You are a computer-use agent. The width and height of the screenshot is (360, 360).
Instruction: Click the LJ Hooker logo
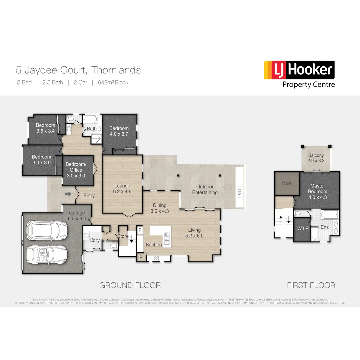pyautogui.click(x=299, y=74)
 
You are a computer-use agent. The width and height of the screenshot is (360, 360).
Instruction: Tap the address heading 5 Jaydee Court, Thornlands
pyautogui.click(x=78, y=70)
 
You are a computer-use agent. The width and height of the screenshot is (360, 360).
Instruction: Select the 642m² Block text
pyautogui.click(x=113, y=82)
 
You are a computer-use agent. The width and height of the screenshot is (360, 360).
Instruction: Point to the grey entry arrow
pyautogui.click(x=68, y=194)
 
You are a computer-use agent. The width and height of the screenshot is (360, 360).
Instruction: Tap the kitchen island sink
pyautogui.click(x=166, y=239)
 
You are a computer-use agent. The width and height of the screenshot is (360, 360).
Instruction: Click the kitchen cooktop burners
pyautogui.click(x=156, y=258)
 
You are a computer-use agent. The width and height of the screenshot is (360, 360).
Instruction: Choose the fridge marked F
pyautogui.click(x=140, y=230)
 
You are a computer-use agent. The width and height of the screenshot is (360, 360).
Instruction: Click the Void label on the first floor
pyautogui.click(x=286, y=183)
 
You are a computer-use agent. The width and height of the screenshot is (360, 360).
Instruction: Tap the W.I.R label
pyautogui.click(x=303, y=228)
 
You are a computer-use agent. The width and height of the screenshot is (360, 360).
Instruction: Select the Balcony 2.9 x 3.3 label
pyautogui.click(x=316, y=158)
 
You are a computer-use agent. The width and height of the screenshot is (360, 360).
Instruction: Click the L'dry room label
pyautogui.click(x=95, y=240)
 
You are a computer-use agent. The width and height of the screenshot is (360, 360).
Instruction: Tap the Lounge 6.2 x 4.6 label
pyautogui.click(x=122, y=189)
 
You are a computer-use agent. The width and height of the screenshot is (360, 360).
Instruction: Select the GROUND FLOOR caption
pyautogui.click(x=130, y=285)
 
